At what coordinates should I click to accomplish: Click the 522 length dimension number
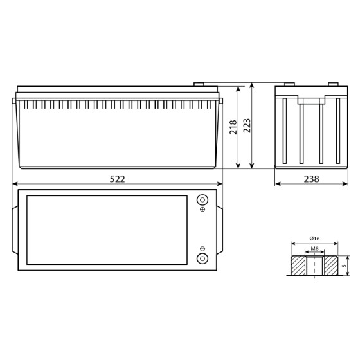117,179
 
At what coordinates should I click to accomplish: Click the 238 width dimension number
312,179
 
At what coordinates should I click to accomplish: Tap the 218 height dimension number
233,127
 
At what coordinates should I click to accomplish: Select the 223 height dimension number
247,125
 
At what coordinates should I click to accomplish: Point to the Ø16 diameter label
314,239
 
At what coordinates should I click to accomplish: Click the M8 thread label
314,248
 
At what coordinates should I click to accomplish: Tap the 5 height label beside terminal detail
344,265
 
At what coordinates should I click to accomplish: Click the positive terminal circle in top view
203,200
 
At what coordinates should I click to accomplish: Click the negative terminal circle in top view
203,258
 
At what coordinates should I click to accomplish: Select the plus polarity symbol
203,210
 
